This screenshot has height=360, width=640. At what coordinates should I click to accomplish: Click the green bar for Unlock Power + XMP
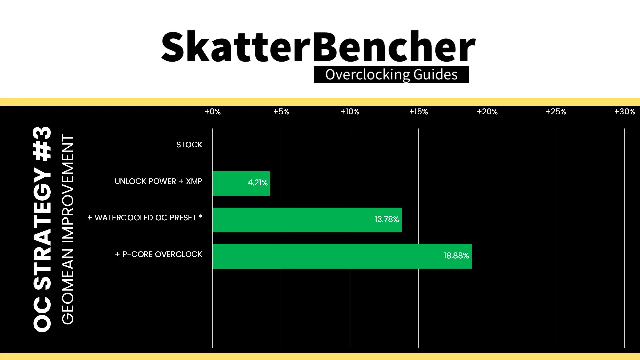[241, 183]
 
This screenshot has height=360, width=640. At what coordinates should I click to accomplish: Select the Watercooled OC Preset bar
[307, 220]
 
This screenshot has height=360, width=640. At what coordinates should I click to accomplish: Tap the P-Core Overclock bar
[342, 256]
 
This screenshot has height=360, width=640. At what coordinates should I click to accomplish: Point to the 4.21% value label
[257, 183]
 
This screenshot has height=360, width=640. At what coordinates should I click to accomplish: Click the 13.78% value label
[387, 219]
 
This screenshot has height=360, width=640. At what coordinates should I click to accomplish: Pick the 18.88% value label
[456, 256]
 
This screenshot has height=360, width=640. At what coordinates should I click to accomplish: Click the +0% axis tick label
[213, 112]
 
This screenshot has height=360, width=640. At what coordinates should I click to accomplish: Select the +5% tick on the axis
[281, 112]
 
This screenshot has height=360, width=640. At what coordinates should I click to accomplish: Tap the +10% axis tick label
[350, 112]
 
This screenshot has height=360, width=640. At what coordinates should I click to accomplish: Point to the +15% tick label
[419, 112]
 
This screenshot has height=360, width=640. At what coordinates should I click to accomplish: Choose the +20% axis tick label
[487, 112]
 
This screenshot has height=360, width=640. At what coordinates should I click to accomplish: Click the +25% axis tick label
[556, 112]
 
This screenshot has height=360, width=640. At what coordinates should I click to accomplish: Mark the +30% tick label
[625, 112]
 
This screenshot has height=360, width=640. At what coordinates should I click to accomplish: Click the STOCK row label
[189, 145]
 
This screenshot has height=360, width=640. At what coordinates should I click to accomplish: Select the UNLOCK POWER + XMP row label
[158, 181]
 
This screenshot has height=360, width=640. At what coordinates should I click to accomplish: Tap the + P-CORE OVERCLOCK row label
[159, 254]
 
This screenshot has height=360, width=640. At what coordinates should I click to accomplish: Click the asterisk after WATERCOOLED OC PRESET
[201, 217]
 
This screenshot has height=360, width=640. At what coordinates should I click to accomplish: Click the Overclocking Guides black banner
[391, 75]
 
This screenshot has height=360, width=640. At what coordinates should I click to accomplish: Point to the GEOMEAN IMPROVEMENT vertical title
[68, 229]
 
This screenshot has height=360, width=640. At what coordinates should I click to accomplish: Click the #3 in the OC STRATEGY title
[42, 144]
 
